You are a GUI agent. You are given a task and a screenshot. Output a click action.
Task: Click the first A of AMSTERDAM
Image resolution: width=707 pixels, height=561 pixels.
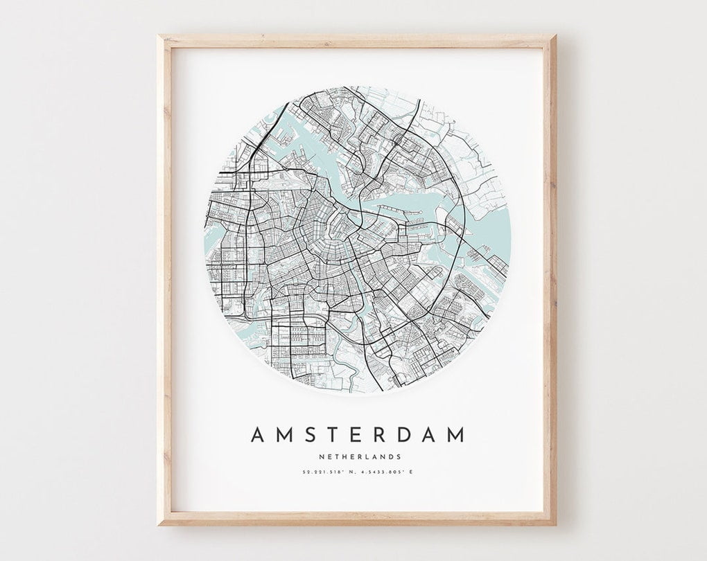(x=257, y=435)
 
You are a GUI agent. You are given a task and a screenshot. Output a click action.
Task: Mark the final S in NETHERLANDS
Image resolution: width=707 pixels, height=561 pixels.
(x=399, y=456)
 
